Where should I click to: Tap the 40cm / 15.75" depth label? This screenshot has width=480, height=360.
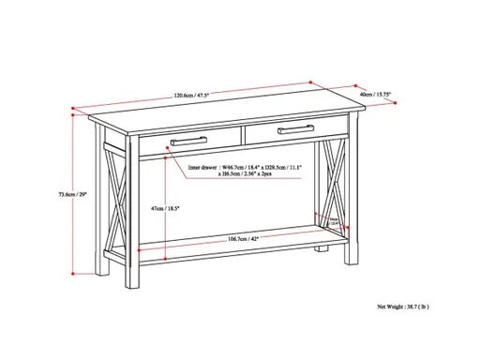(x=375, y=94)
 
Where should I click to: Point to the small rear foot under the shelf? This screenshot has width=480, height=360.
(x=323, y=251)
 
